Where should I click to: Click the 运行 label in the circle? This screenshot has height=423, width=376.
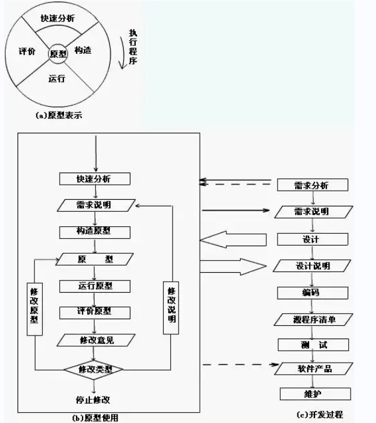[x=57, y=78]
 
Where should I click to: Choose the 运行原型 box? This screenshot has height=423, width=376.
[x=95, y=286]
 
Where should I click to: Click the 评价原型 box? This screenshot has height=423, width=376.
[x=95, y=312]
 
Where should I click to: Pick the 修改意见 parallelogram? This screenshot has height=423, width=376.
[x=95, y=340]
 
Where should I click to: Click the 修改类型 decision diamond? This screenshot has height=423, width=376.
[x=95, y=368]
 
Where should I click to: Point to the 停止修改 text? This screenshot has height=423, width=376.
[x=94, y=399]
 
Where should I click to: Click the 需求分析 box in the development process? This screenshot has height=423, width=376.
[x=313, y=185]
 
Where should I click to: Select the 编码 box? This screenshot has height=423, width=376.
[x=313, y=293]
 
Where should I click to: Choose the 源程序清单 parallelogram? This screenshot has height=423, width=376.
[x=313, y=319]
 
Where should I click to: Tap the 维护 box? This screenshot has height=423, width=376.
[x=313, y=394]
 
